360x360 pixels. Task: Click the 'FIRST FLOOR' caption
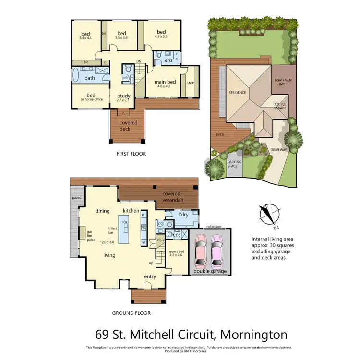(131, 154)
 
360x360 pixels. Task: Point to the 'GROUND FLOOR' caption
(131, 313)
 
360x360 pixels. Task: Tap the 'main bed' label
(165, 82)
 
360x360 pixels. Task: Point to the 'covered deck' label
(128, 125)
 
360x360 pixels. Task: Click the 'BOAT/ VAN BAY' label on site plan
(280, 82)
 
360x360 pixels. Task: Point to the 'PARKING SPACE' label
(234, 164)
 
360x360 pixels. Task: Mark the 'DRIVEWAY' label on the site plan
(278, 150)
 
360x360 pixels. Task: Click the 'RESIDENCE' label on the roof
(237, 93)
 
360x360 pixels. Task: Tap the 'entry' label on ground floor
(150, 276)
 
